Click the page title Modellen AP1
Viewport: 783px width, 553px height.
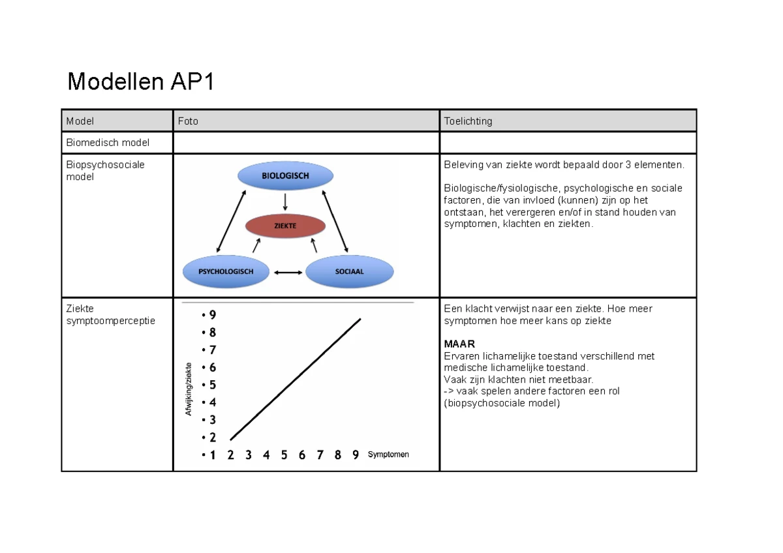pos(140,83)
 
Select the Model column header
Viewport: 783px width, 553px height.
pos(80,121)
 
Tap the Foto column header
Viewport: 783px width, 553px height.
pos(188,121)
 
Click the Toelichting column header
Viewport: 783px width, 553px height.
pos(468,121)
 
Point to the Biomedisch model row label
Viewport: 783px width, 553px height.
pos(108,142)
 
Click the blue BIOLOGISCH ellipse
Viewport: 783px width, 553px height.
pos(285,176)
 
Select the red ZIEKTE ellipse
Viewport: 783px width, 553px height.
pos(285,226)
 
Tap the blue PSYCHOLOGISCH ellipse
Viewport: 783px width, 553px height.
pos(226,271)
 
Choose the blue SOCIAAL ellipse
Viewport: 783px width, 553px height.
pos(349,271)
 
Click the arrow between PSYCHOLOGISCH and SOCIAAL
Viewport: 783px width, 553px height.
pos(288,272)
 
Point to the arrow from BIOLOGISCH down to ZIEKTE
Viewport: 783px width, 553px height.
pos(285,201)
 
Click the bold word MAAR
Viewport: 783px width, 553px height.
pos(459,344)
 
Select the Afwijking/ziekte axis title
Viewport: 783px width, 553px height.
pos(189,389)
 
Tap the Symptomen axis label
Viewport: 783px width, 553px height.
pos(388,455)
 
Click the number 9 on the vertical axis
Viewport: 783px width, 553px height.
pos(212,315)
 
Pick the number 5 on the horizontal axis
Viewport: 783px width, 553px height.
pos(284,455)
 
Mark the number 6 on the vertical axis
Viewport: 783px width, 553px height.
pos(212,368)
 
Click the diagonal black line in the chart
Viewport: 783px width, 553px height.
pos(296,379)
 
